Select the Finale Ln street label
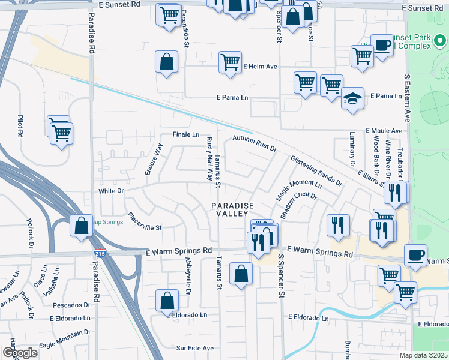185,134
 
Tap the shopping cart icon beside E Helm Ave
230,62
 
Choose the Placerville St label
145,222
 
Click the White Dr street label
111,191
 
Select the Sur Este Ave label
194,347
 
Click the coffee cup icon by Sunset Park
381,45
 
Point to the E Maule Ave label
384,130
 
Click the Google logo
20,352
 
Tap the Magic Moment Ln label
298,191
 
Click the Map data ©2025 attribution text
424,355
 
